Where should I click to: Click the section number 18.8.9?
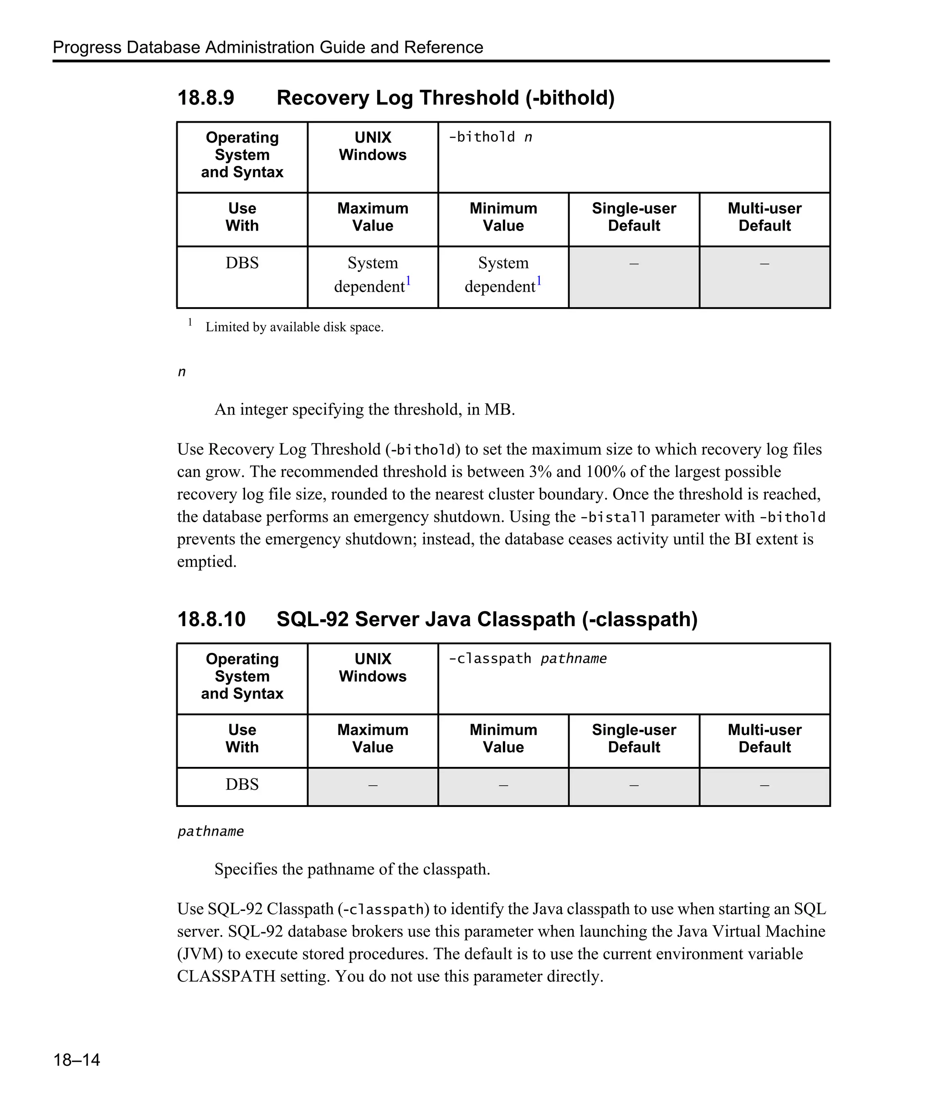205,98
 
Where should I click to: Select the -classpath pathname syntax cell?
527,659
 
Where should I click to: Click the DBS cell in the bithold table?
242,263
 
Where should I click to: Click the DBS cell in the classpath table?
242,784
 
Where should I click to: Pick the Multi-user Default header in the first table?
764,217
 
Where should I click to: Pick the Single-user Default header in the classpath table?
633,738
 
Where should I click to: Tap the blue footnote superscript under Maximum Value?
408,280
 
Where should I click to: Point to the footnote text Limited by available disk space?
294,327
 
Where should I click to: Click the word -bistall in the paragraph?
613,517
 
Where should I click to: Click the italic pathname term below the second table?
210,832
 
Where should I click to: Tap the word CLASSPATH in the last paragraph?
226,976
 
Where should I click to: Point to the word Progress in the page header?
87,47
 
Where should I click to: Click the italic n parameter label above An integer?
182,372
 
